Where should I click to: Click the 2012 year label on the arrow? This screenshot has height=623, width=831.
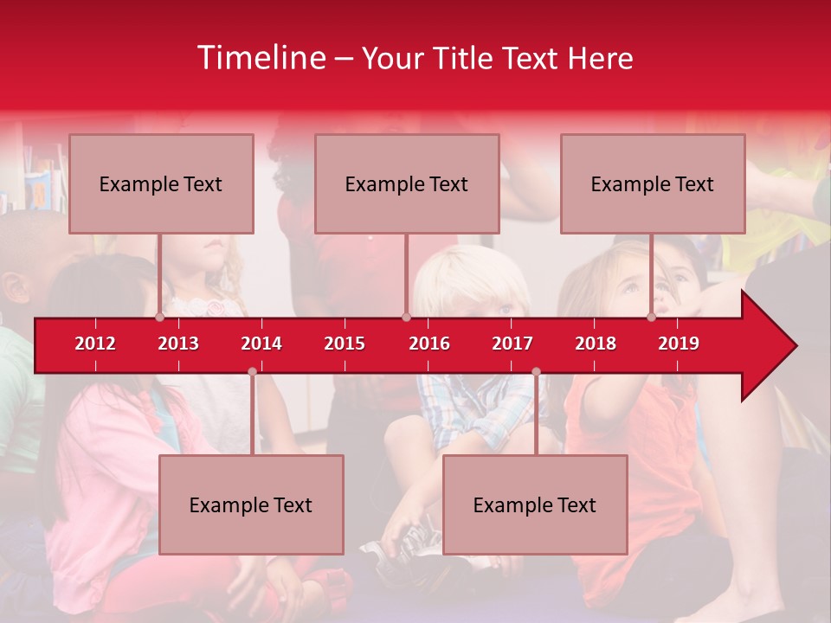tap(95, 344)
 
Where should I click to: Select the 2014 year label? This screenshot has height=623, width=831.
tap(261, 344)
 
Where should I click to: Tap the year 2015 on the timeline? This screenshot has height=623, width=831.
tap(345, 344)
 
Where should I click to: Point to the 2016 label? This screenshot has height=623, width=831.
tap(429, 344)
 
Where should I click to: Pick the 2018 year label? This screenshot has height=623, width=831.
tap(596, 344)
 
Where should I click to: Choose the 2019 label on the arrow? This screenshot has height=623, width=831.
tap(679, 344)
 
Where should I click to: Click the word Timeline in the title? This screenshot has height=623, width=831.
tap(261, 58)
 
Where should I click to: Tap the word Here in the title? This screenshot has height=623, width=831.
tap(600, 58)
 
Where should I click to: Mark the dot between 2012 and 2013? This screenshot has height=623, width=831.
tap(159, 318)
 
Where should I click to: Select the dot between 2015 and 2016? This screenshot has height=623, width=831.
tap(406, 318)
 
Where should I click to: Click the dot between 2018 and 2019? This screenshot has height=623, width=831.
tap(651, 318)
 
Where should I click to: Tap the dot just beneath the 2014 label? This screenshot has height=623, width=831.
tap(252, 372)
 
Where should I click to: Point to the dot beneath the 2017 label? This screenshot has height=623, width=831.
tap(536, 372)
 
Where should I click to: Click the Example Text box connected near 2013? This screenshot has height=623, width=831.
tap(161, 184)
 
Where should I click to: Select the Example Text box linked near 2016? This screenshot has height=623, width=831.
tap(407, 184)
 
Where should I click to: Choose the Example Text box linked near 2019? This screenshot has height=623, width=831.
tap(653, 184)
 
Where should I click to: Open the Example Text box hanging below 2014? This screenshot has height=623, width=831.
tap(251, 505)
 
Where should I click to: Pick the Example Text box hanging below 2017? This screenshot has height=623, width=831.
tap(535, 505)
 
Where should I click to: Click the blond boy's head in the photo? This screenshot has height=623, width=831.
tap(472, 281)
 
